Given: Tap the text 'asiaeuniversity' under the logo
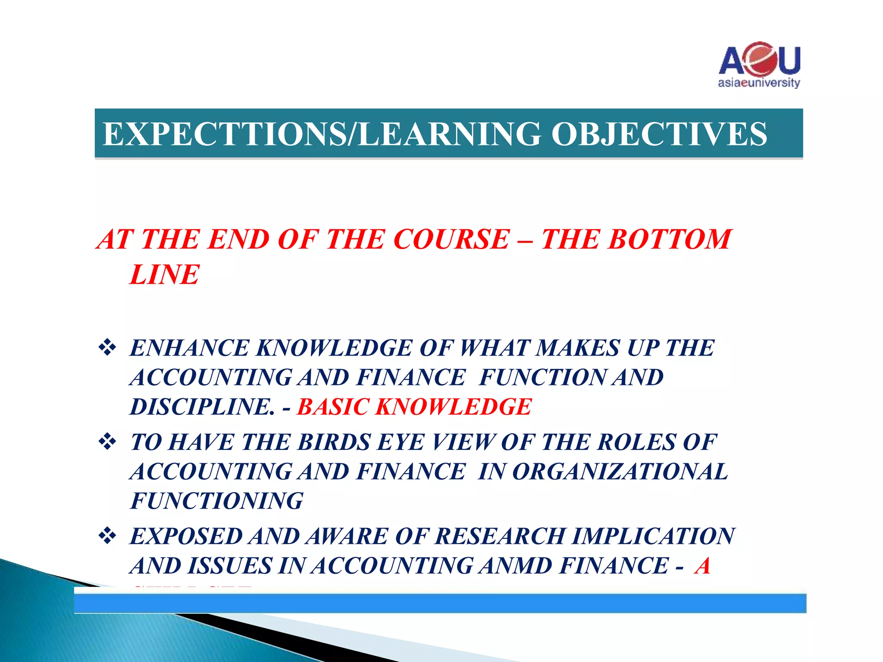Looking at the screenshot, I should coord(759,83).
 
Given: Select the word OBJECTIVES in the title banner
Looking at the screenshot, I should coord(659,134).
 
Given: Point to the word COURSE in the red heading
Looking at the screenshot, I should coord(451,239).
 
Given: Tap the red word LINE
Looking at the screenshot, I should coord(164,275).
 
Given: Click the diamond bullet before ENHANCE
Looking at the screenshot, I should coord(107,347).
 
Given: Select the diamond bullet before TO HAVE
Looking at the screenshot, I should coord(107,442).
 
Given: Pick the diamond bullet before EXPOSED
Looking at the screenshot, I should coord(107,536).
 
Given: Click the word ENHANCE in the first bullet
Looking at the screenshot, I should coord(190,348).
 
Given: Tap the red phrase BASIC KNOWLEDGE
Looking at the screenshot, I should coord(414,407).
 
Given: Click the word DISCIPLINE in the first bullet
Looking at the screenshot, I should coord(202,407).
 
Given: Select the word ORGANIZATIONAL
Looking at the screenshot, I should coord(620,472).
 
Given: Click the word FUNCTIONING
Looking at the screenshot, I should coord(217,501).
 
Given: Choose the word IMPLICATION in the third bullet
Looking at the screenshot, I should coord(654,537).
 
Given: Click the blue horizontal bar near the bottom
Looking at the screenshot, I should coord(440,603).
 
